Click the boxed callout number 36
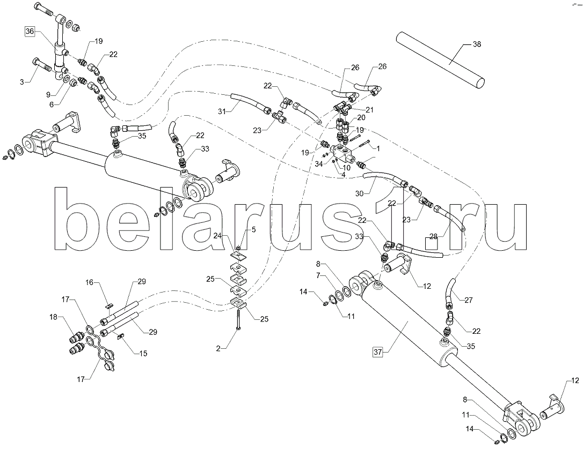(x=30, y=32)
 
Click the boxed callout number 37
(x=378, y=352)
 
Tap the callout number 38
(x=476, y=44)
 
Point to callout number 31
(x=222, y=111)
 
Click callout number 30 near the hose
(x=359, y=193)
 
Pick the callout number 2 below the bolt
(x=218, y=348)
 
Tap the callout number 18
(x=54, y=317)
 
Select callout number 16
(x=90, y=283)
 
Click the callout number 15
(x=143, y=353)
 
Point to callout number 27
(x=469, y=300)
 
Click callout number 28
(x=433, y=236)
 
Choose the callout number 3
(x=22, y=81)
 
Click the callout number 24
(x=217, y=235)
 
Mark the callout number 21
(x=369, y=110)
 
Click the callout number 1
(x=378, y=148)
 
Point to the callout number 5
(x=253, y=230)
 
